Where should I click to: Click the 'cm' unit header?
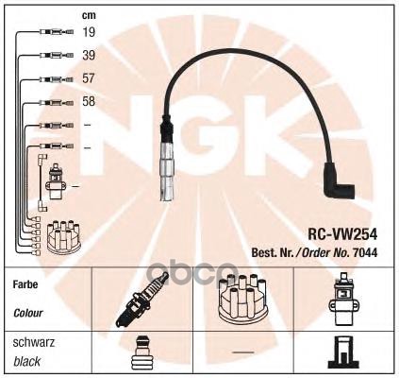pyautogui.click(x=89, y=14)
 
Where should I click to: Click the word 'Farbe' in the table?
pyautogui.click(x=25, y=284)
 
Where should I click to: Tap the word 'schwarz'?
pyautogui.click(x=31, y=341)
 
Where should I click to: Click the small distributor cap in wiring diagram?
pyautogui.click(x=57, y=235)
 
